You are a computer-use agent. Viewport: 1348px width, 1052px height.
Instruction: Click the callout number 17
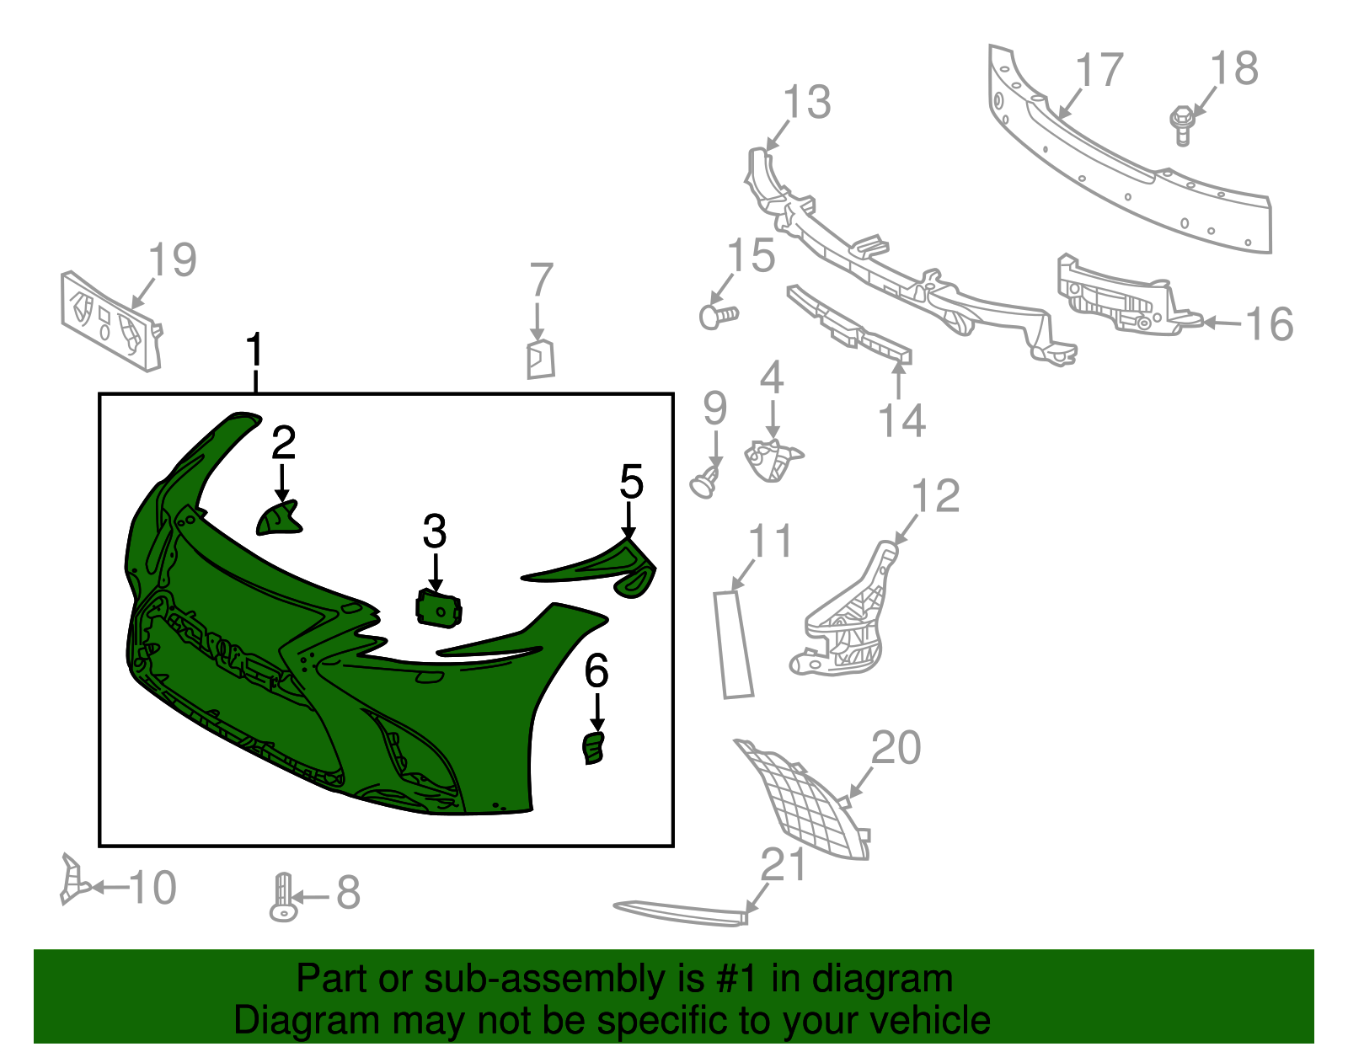point(1099,69)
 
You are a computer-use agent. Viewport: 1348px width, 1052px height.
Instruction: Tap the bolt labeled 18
point(1182,125)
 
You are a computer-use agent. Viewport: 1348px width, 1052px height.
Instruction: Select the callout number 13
point(807,102)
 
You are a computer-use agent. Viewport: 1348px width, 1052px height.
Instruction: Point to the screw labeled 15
point(719,316)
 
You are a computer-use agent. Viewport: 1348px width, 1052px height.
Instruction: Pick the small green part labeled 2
point(278,518)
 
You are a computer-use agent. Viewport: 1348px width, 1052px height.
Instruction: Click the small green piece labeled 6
point(594,748)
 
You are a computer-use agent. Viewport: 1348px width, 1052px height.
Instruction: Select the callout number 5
point(632,482)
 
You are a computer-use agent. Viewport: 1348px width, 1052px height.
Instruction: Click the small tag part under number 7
point(540,360)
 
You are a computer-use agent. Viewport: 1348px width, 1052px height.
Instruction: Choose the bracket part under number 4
point(773,460)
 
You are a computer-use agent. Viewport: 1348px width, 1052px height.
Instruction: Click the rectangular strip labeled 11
point(733,644)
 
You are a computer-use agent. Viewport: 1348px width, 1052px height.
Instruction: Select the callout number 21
point(783,864)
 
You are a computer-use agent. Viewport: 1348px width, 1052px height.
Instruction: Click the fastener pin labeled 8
point(283,897)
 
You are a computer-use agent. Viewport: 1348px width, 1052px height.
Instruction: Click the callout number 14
point(902,420)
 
